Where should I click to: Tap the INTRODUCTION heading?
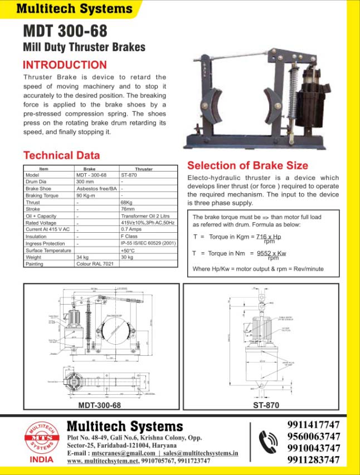pyautogui.click(x=65, y=65)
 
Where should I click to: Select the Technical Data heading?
pyautogui.click(x=61, y=155)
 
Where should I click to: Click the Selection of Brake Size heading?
pyautogui.click(x=247, y=165)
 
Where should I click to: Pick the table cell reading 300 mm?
pyautogui.click(x=85, y=182)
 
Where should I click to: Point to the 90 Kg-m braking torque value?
pyautogui.click(x=87, y=196)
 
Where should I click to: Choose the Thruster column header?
pyautogui.click(x=144, y=169)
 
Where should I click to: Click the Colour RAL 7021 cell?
pyautogui.click(x=95, y=264)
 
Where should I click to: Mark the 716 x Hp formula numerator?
pyautogui.click(x=268, y=237)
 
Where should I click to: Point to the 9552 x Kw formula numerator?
pyautogui.click(x=271, y=253)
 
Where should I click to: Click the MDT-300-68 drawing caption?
pyautogui.click(x=100, y=405)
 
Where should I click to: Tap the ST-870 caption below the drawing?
pyautogui.click(x=266, y=405)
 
